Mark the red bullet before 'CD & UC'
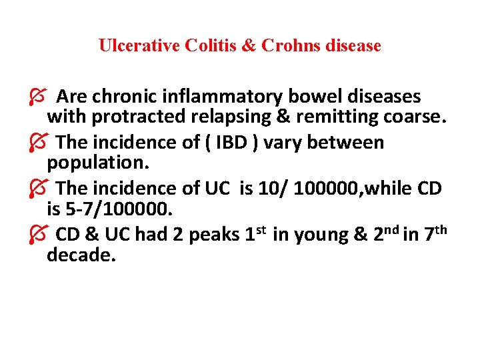point(38,235)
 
